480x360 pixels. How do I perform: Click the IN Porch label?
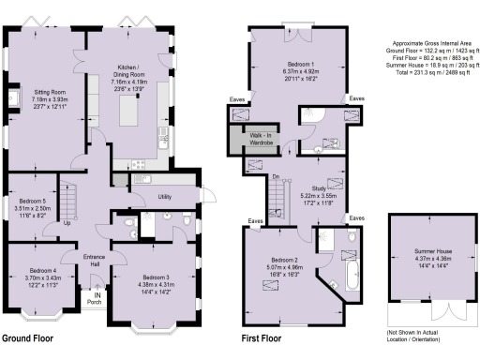(x=96, y=298)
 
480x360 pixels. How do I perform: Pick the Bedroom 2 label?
(x=282, y=266)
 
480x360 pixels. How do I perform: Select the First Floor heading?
(x=263, y=338)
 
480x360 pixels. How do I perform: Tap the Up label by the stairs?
(x=67, y=223)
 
